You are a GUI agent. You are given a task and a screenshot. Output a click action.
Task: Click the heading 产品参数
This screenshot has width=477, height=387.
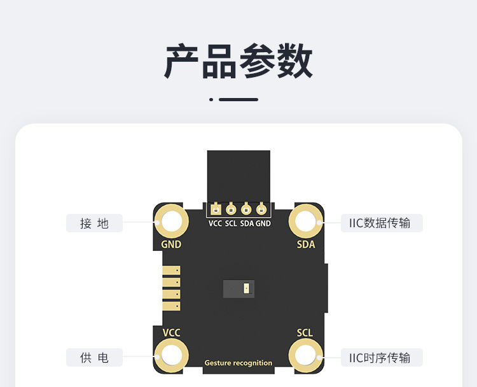click(x=238, y=61)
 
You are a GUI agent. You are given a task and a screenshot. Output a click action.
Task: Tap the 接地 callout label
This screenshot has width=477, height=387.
click(x=94, y=223)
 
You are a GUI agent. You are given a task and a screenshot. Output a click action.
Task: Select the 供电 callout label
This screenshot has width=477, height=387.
click(x=94, y=358)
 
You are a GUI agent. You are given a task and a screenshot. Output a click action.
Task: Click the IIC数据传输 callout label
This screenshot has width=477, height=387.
click(x=382, y=223)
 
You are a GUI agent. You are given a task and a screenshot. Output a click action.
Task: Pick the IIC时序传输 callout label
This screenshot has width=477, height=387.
click(x=382, y=358)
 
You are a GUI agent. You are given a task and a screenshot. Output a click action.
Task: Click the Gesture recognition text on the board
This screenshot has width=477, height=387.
click(x=238, y=363)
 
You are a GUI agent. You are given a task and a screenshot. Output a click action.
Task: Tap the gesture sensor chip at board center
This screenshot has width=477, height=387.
click(x=238, y=288)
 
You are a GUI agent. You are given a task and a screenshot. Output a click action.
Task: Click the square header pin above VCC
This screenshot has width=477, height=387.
click(x=216, y=209)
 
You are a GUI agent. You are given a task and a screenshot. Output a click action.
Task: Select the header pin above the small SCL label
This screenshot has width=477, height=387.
click(x=232, y=209)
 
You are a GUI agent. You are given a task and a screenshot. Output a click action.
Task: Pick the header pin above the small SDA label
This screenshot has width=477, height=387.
click(x=246, y=209)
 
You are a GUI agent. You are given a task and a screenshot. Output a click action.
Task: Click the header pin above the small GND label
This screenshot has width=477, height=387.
click(x=261, y=209)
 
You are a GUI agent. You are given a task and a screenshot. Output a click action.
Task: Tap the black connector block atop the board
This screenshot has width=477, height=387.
click(x=238, y=176)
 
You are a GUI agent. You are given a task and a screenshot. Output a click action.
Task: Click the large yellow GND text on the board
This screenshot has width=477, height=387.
click(x=171, y=244)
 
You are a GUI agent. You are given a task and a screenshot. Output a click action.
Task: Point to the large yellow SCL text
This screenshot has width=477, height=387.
click(x=305, y=332)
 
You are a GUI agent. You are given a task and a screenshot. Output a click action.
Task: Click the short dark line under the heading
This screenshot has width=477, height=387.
click(x=238, y=99)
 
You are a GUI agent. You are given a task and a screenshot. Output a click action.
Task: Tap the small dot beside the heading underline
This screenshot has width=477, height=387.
click(x=211, y=99)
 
